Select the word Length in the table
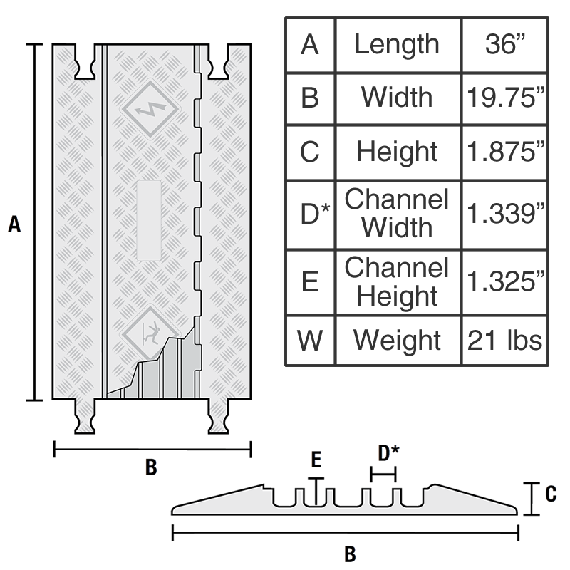(397, 45)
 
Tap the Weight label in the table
(397, 340)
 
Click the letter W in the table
(310, 340)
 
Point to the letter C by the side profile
(549, 494)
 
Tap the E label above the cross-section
(316, 461)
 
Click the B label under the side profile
(350, 553)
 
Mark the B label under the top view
(151, 467)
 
